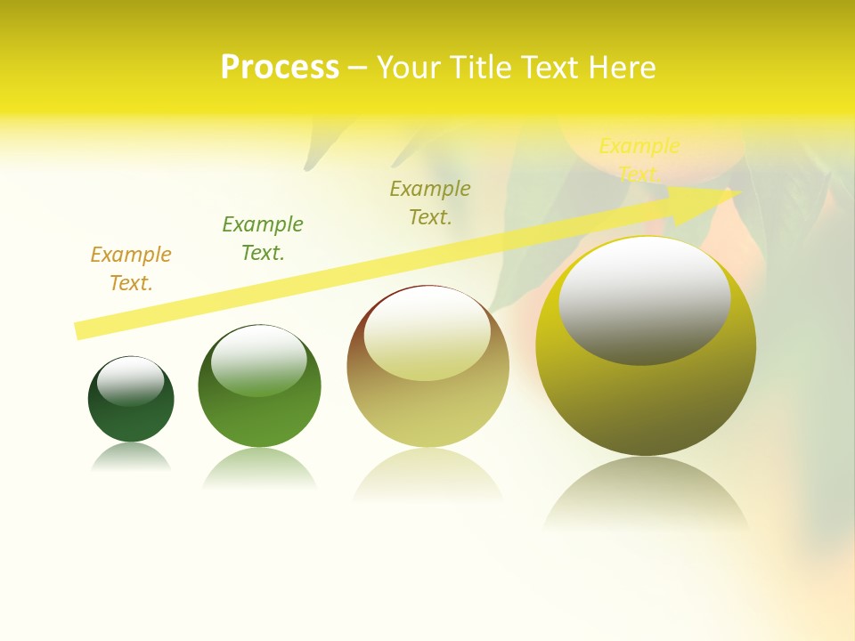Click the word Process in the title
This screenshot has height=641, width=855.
(280, 68)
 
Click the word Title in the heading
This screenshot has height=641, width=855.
(486, 68)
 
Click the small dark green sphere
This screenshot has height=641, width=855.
(131, 418)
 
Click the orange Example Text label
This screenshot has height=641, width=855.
(131, 269)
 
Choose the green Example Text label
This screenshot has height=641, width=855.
(263, 239)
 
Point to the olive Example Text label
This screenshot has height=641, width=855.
(430, 203)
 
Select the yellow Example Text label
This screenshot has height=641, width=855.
(639, 159)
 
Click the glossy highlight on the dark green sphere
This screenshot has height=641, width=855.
(130, 381)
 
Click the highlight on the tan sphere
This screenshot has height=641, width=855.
(427, 335)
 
